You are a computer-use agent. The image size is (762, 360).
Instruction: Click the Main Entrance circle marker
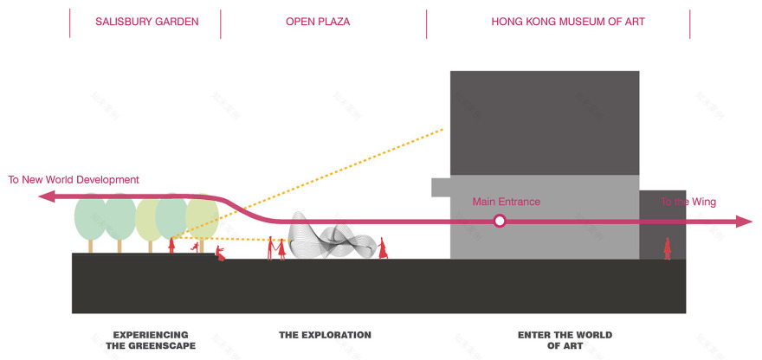click(x=499, y=222)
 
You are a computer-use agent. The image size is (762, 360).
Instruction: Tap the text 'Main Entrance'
click(x=506, y=202)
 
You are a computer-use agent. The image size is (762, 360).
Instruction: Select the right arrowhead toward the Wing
click(x=745, y=222)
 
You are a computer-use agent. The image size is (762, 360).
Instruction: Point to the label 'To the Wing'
click(x=688, y=202)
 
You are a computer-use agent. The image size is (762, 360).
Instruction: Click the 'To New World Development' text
click(x=74, y=180)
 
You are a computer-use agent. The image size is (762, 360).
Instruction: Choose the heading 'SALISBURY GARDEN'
click(x=146, y=22)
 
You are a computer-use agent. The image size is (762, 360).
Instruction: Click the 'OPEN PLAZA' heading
click(x=318, y=22)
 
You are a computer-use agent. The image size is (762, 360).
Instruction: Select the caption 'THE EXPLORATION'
click(x=325, y=335)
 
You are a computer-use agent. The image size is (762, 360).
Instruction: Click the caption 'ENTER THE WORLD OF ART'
click(x=565, y=340)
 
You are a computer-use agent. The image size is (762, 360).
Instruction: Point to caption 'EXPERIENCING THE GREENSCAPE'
click(x=151, y=340)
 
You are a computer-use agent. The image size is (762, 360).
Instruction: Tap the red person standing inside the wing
click(x=667, y=248)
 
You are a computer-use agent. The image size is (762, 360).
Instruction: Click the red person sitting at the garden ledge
click(x=221, y=254)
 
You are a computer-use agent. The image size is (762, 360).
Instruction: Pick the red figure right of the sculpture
click(x=382, y=247)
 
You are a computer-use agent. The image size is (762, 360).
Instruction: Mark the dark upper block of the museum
click(x=544, y=122)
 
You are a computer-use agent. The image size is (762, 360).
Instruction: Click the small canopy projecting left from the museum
click(x=440, y=187)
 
